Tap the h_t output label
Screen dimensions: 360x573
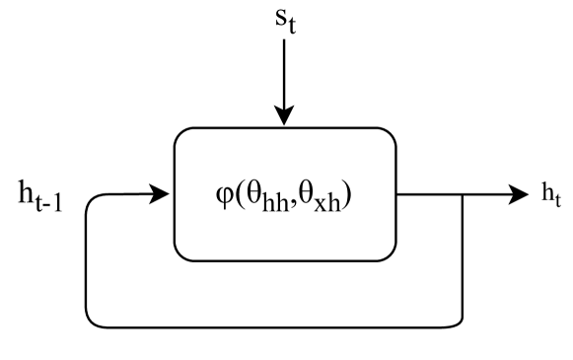coord(551,195)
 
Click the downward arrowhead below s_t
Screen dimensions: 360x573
coord(284,116)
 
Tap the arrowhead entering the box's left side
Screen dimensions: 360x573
coord(161,193)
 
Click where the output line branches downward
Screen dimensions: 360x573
coord(464,193)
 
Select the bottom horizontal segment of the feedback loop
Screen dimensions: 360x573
coord(276,325)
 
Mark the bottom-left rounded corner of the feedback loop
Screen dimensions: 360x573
coord(92,321)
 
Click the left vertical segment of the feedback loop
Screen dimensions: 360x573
coord(88,261)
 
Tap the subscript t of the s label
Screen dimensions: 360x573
coord(291,30)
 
